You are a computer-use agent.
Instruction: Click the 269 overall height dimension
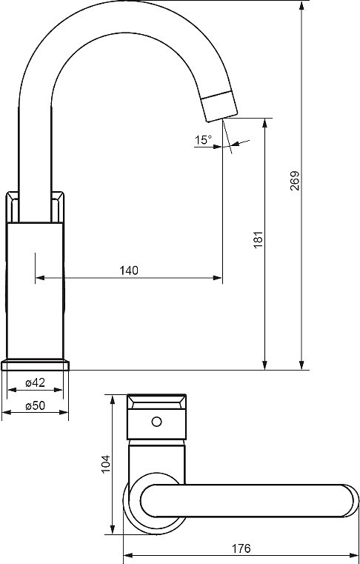point(295,181)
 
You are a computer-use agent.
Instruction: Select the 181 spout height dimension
point(259,239)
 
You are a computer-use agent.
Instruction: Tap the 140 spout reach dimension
point(129,270)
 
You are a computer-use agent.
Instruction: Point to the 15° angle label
point(204,139)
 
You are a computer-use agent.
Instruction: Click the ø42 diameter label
point(36,382)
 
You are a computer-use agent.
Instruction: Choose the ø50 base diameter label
point(36,405)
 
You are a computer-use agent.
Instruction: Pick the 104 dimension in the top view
point(106,464)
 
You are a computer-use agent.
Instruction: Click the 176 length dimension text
point(241,548)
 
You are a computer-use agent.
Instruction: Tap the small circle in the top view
point(156,421)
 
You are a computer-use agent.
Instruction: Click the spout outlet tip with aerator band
point(219,107)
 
